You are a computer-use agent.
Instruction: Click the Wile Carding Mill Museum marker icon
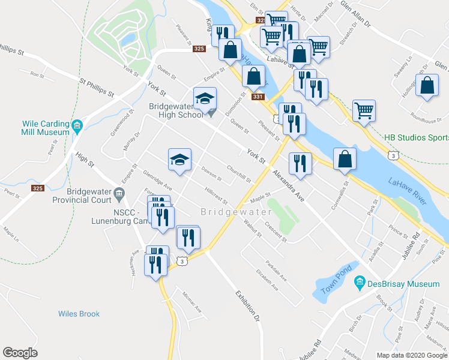click(x=77, y=126)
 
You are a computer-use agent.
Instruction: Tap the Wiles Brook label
click(x=79, y=314)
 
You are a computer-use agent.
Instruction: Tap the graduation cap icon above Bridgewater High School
click(x=205, y=98)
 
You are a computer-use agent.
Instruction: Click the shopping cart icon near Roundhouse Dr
click(x=364, y=110)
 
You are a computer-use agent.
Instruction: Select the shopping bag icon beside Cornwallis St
click(x=345, y=159)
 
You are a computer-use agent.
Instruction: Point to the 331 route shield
click(x=258, y=97)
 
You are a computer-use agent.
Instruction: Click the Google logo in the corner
click(x=20, y=353)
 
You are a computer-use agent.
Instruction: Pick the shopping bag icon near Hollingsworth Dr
click(x=427, y=86)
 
